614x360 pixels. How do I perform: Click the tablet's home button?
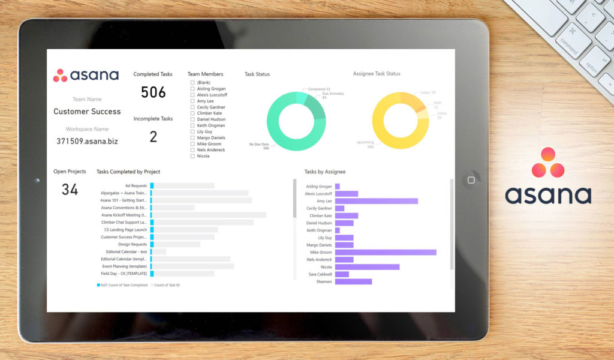point(471,180)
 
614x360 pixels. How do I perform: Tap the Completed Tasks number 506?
point(153,92)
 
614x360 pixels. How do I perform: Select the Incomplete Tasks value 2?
point(153,137)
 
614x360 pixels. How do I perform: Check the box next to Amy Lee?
point(192,101)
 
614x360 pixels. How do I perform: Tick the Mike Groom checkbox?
point(192,144)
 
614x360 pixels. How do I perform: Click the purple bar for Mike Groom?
point(385,253)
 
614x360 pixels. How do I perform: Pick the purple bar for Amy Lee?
point(376,201)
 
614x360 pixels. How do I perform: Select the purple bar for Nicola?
point(367,267)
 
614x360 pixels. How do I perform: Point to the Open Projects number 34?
point(70,190)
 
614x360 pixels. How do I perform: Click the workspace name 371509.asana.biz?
point(87,141)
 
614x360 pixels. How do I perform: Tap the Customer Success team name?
point(87,112)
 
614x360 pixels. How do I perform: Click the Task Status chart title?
point(257,74)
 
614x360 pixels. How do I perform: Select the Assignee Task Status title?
point(377,74)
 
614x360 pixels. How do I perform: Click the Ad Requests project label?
point(136,186)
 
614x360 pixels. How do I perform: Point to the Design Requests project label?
point(132,244)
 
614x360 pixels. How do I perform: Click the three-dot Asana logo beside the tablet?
point(548,163)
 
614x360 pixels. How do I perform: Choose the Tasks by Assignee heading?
point(324,172)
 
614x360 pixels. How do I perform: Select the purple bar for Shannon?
point(353,281)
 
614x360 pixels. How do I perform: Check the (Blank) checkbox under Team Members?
point(192,82)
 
